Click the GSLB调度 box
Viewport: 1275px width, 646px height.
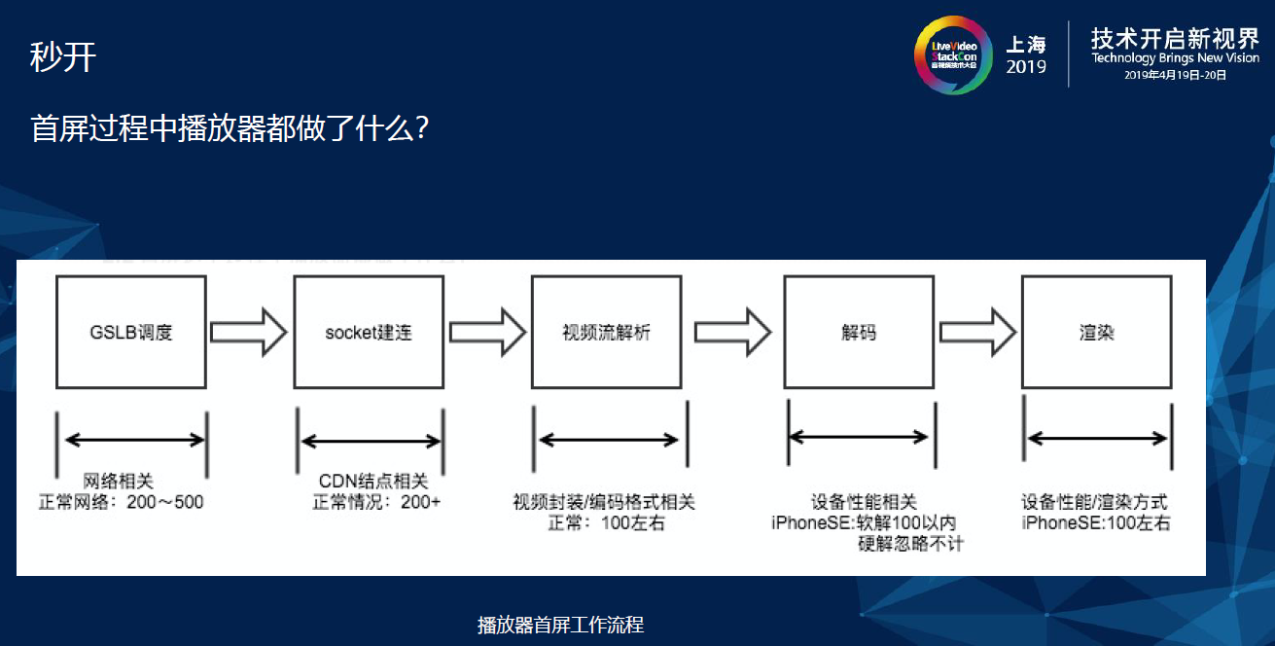tap(131, 332)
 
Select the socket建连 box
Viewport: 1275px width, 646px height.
tap(369, 332)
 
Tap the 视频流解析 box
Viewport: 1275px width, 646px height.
tap(606, 332)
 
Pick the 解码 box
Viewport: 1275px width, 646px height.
tap(859, 332)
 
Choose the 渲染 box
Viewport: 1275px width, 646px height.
tap(1096, 332)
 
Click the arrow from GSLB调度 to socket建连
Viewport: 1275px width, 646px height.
tap(249, 332)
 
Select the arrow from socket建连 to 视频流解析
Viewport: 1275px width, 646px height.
tap(488, 332)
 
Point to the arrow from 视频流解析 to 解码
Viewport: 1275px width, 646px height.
tap(740, 332)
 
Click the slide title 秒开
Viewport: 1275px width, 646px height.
tap(63, 57)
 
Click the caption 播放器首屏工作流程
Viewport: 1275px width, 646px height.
tap(560, 625)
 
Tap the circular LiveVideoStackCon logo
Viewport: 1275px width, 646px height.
tap(953, 54)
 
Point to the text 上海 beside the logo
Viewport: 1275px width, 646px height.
tap(1027, 44)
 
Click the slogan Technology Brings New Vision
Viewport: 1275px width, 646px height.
tap(1175, 58)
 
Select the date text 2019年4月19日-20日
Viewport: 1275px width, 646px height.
tap(1175, 75)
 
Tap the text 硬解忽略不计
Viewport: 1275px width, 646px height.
tap(910, 543)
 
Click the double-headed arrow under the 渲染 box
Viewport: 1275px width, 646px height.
tap(1096, 439)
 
